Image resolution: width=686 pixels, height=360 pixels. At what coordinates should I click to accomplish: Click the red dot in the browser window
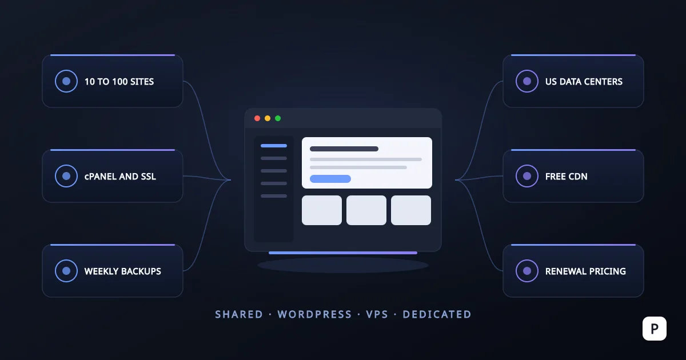pyautogui.click(x=257, y=118)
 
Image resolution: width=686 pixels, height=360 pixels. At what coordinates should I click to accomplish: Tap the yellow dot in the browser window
pyautogui.click(x=268, y=118)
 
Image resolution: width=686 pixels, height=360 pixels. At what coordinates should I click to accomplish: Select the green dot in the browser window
pyautogui.click(x=278, y=118)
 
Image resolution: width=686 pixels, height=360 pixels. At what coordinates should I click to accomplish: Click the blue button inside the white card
pyautogui.click(x=330, y=179)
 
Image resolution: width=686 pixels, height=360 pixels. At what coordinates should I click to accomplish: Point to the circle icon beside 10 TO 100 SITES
pyautogui.click(x=66, y=81)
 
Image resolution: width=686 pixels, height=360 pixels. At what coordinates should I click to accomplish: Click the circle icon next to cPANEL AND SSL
pyautogui.click(x=66, y=176)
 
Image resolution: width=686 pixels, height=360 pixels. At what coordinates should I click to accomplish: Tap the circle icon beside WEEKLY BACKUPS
pyautogui.click(x=66, y=271)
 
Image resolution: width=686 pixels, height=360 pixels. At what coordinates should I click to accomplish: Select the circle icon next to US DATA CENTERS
pyautogui.click(x=527, y=81)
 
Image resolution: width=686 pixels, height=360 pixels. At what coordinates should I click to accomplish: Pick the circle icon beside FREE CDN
pyautogui.click(x=527, y=176)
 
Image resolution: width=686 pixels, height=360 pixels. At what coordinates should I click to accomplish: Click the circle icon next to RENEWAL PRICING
pyautogui.click(x=527, y=271)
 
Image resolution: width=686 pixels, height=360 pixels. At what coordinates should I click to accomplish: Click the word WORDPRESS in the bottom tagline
pyautogui.click(x=314, y=314)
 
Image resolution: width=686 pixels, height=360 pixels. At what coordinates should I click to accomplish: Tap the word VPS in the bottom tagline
pyautogui.click(x=377, y=314)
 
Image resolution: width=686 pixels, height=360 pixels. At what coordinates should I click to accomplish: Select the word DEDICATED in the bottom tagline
pyautogui.click(x=437, y=314)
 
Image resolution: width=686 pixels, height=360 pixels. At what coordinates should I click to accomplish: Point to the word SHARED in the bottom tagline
pyautogui.click(x=239, y=314)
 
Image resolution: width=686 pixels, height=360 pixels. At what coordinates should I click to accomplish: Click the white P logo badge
pyautogui.click(x=655, y=329)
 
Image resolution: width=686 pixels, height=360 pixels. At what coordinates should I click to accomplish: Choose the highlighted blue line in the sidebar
pyautogui.click(x=274, y=146)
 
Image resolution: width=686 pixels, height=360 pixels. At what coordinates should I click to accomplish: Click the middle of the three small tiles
pyautogui.click(x=366, y=210)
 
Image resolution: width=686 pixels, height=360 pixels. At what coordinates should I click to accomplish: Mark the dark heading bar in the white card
pyautogui.click(x=344, y=149)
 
